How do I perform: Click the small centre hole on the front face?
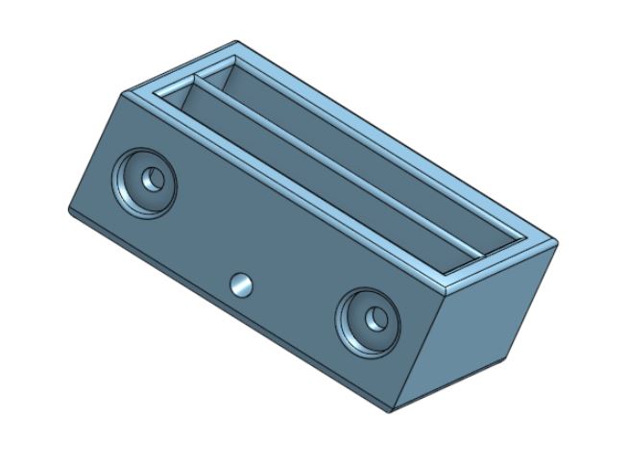click(240, 283)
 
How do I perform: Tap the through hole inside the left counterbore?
click(152, 179)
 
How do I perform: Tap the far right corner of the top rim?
click(556, 240)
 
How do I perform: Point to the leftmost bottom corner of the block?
click(69, 209)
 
